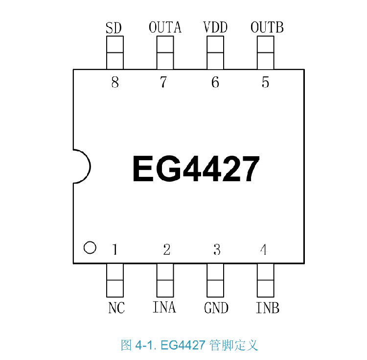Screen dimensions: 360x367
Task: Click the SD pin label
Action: [114, 28]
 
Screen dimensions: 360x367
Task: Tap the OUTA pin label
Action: [165, 27]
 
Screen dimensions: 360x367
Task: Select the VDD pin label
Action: [215, 27]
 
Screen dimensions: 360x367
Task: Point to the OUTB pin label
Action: [267, 27]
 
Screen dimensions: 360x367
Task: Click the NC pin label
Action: [116, 308]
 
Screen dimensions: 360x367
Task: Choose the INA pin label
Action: [164, 308]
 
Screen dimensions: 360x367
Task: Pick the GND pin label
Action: [216, 308]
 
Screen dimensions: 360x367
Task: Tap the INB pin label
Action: [267, 308]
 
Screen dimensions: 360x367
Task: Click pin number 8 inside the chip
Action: [115, 82]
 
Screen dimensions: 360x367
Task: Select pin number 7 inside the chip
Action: [163, 82]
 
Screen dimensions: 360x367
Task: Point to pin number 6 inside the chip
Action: [215, 82]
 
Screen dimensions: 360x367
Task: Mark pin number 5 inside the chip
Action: [265, 82]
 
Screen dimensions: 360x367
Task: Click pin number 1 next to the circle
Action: [115, 250]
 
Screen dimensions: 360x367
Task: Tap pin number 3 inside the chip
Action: [217, 250]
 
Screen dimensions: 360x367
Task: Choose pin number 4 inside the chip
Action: [264, 250]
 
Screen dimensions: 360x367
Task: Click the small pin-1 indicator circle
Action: [90, 248]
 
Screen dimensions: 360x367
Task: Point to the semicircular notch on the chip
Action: [81, 166]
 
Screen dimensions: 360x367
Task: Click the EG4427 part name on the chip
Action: [195, 169]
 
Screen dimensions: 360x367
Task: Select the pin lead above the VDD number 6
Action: [215, 53]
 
